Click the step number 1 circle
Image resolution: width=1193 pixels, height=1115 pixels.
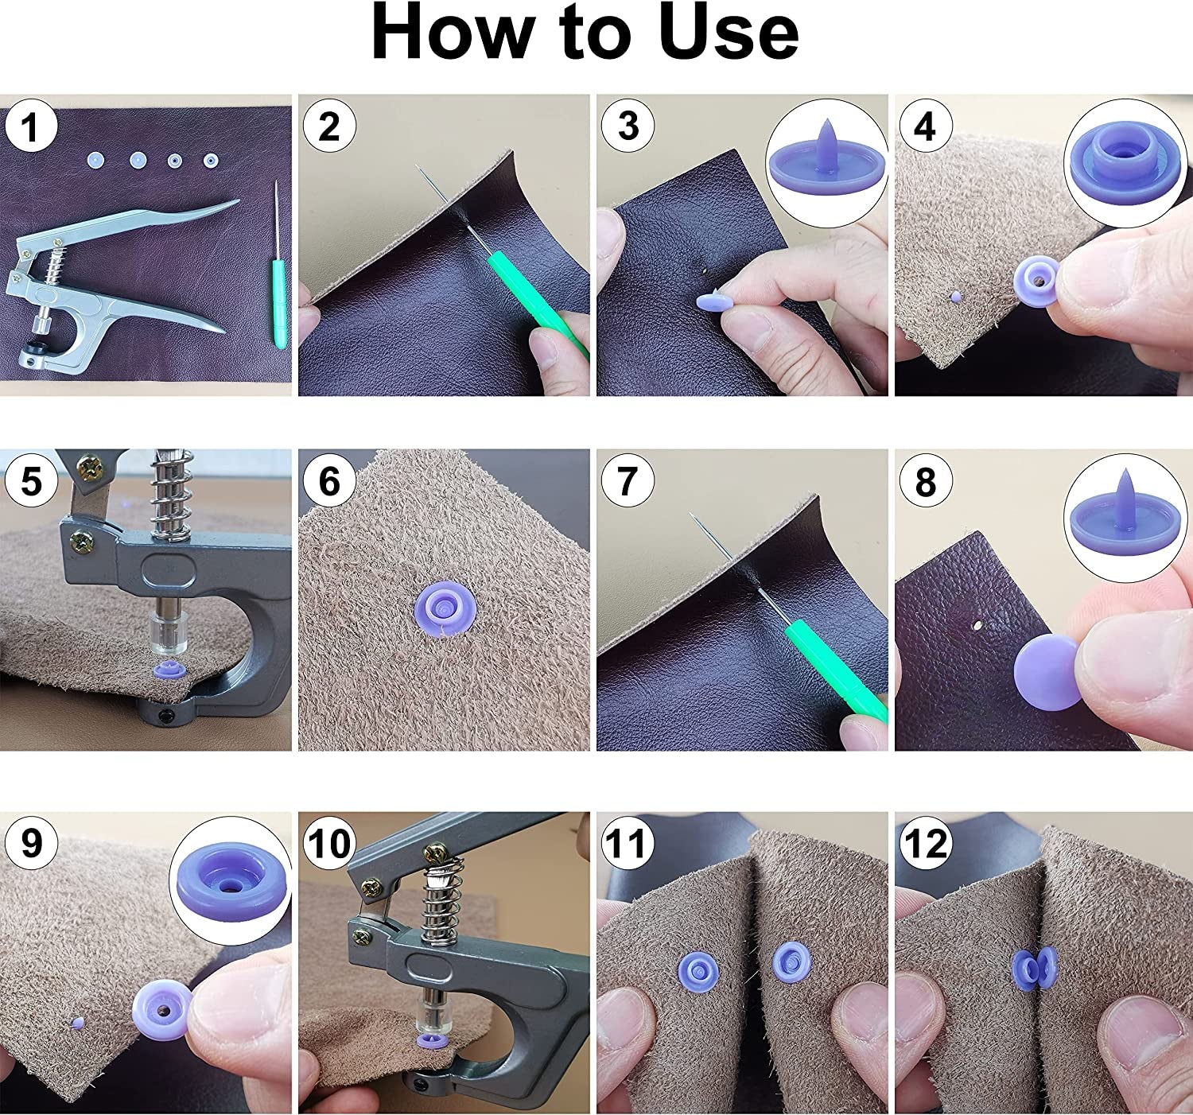click(x=30, y=127)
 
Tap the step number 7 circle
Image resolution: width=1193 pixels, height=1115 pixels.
click(x=628, y=481)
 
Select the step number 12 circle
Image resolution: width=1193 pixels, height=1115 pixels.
click(x=926, y=844)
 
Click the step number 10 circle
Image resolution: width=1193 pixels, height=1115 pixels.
click(x=328, y=844)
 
